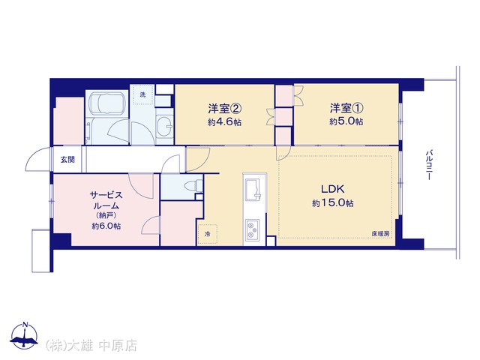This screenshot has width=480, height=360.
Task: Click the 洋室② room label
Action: pyautogui.click(x=225, y=108)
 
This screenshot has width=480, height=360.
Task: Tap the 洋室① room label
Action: pyautogui.click(x=346, y=108)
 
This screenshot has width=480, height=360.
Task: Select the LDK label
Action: pyautogui.click(x=332, y=189)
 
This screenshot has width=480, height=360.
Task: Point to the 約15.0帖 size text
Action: pyautogui.click(x=333, y=203)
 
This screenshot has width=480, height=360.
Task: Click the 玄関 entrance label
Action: pyautogui.click(x=67, y=160)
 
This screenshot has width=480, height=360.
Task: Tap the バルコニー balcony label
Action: pyautogui.click(x=430, y=165)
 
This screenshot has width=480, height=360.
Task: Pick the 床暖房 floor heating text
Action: pyautogui.click(x=380, y=233)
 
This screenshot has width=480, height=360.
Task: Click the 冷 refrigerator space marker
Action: pyautogui.click(x=207, y=234)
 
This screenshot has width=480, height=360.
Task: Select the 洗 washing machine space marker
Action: pyautogui.click(x=142, y=94)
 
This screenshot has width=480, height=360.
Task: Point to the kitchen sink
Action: pyautogui.click(x=253, y=189)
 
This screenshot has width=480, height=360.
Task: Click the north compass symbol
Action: pyautogui.click(x=25, y=335)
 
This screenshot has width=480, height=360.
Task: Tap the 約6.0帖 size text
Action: pyautogui.click(x=106, y=226)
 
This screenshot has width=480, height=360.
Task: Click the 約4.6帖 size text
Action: pyautogui.click(x=225, y=122)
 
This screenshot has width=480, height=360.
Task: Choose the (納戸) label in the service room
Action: pyautogui.click(x=106, y=215)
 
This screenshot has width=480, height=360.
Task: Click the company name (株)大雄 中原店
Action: pyautogui.click(x=91, y=346)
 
